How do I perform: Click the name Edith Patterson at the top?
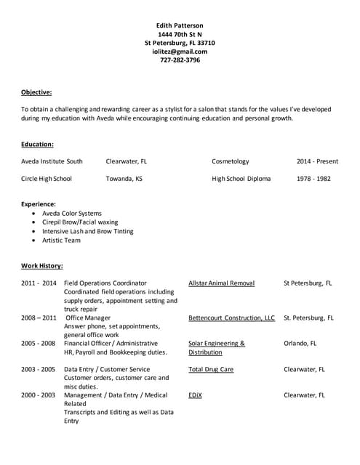[x=180, y=25]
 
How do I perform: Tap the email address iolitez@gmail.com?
[x=180, y=51]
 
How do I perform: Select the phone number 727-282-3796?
[x=180, y=60]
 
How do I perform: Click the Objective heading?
[x=36, y=92]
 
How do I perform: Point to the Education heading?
[x=37, y=144]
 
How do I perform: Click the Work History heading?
[x=41, y=265]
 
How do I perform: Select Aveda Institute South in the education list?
[x=52, y=161]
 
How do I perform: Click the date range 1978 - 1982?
[x=313, y=178]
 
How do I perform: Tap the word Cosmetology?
[x=230, y=161]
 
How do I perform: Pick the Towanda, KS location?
[x=124, y=178]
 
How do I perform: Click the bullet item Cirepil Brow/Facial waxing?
[x=80, y=222]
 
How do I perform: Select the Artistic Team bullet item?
[x=61, y=240]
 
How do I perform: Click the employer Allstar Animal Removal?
[x=221, y=283]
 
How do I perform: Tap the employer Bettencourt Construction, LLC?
[x=231, y=318]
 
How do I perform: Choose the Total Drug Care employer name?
[x=211, y=369]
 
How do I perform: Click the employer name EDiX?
[x=195, y=395]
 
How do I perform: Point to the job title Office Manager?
[x=88, y=318]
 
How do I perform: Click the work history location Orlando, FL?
[x=300, y=343]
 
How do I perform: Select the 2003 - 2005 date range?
[x=38, y=369]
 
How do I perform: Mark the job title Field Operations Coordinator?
[x=105, y=283]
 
